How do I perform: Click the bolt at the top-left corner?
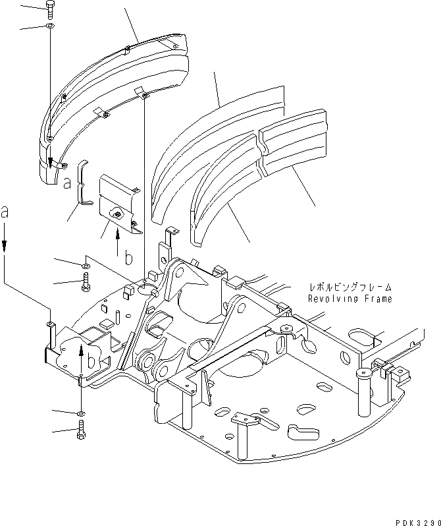(51, 7)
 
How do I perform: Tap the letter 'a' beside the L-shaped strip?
(67, 184)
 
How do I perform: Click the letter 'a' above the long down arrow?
(5, 213)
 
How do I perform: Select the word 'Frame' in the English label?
(378, 299)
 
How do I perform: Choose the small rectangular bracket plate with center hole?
(117, 204)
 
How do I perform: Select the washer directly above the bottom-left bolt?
(80, 413)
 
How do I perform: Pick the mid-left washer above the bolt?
(86, 265)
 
